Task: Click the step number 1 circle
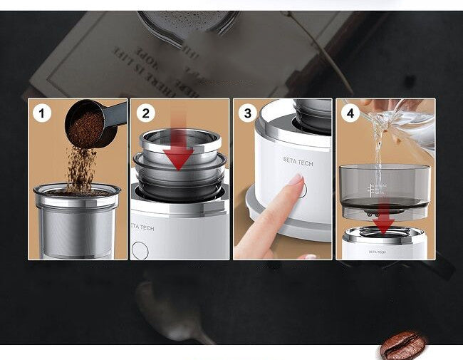pos(42,113)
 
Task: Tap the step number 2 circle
pos(146,113)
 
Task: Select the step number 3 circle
pos(248,113)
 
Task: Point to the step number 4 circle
pos(350,113)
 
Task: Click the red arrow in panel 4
pos(383,219)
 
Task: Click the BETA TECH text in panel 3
pos(297,160)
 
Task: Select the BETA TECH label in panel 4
pos(378,252)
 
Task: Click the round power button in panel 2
pos(140,250)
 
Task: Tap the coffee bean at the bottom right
pos(402,345)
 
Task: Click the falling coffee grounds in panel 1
pos(81,168)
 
